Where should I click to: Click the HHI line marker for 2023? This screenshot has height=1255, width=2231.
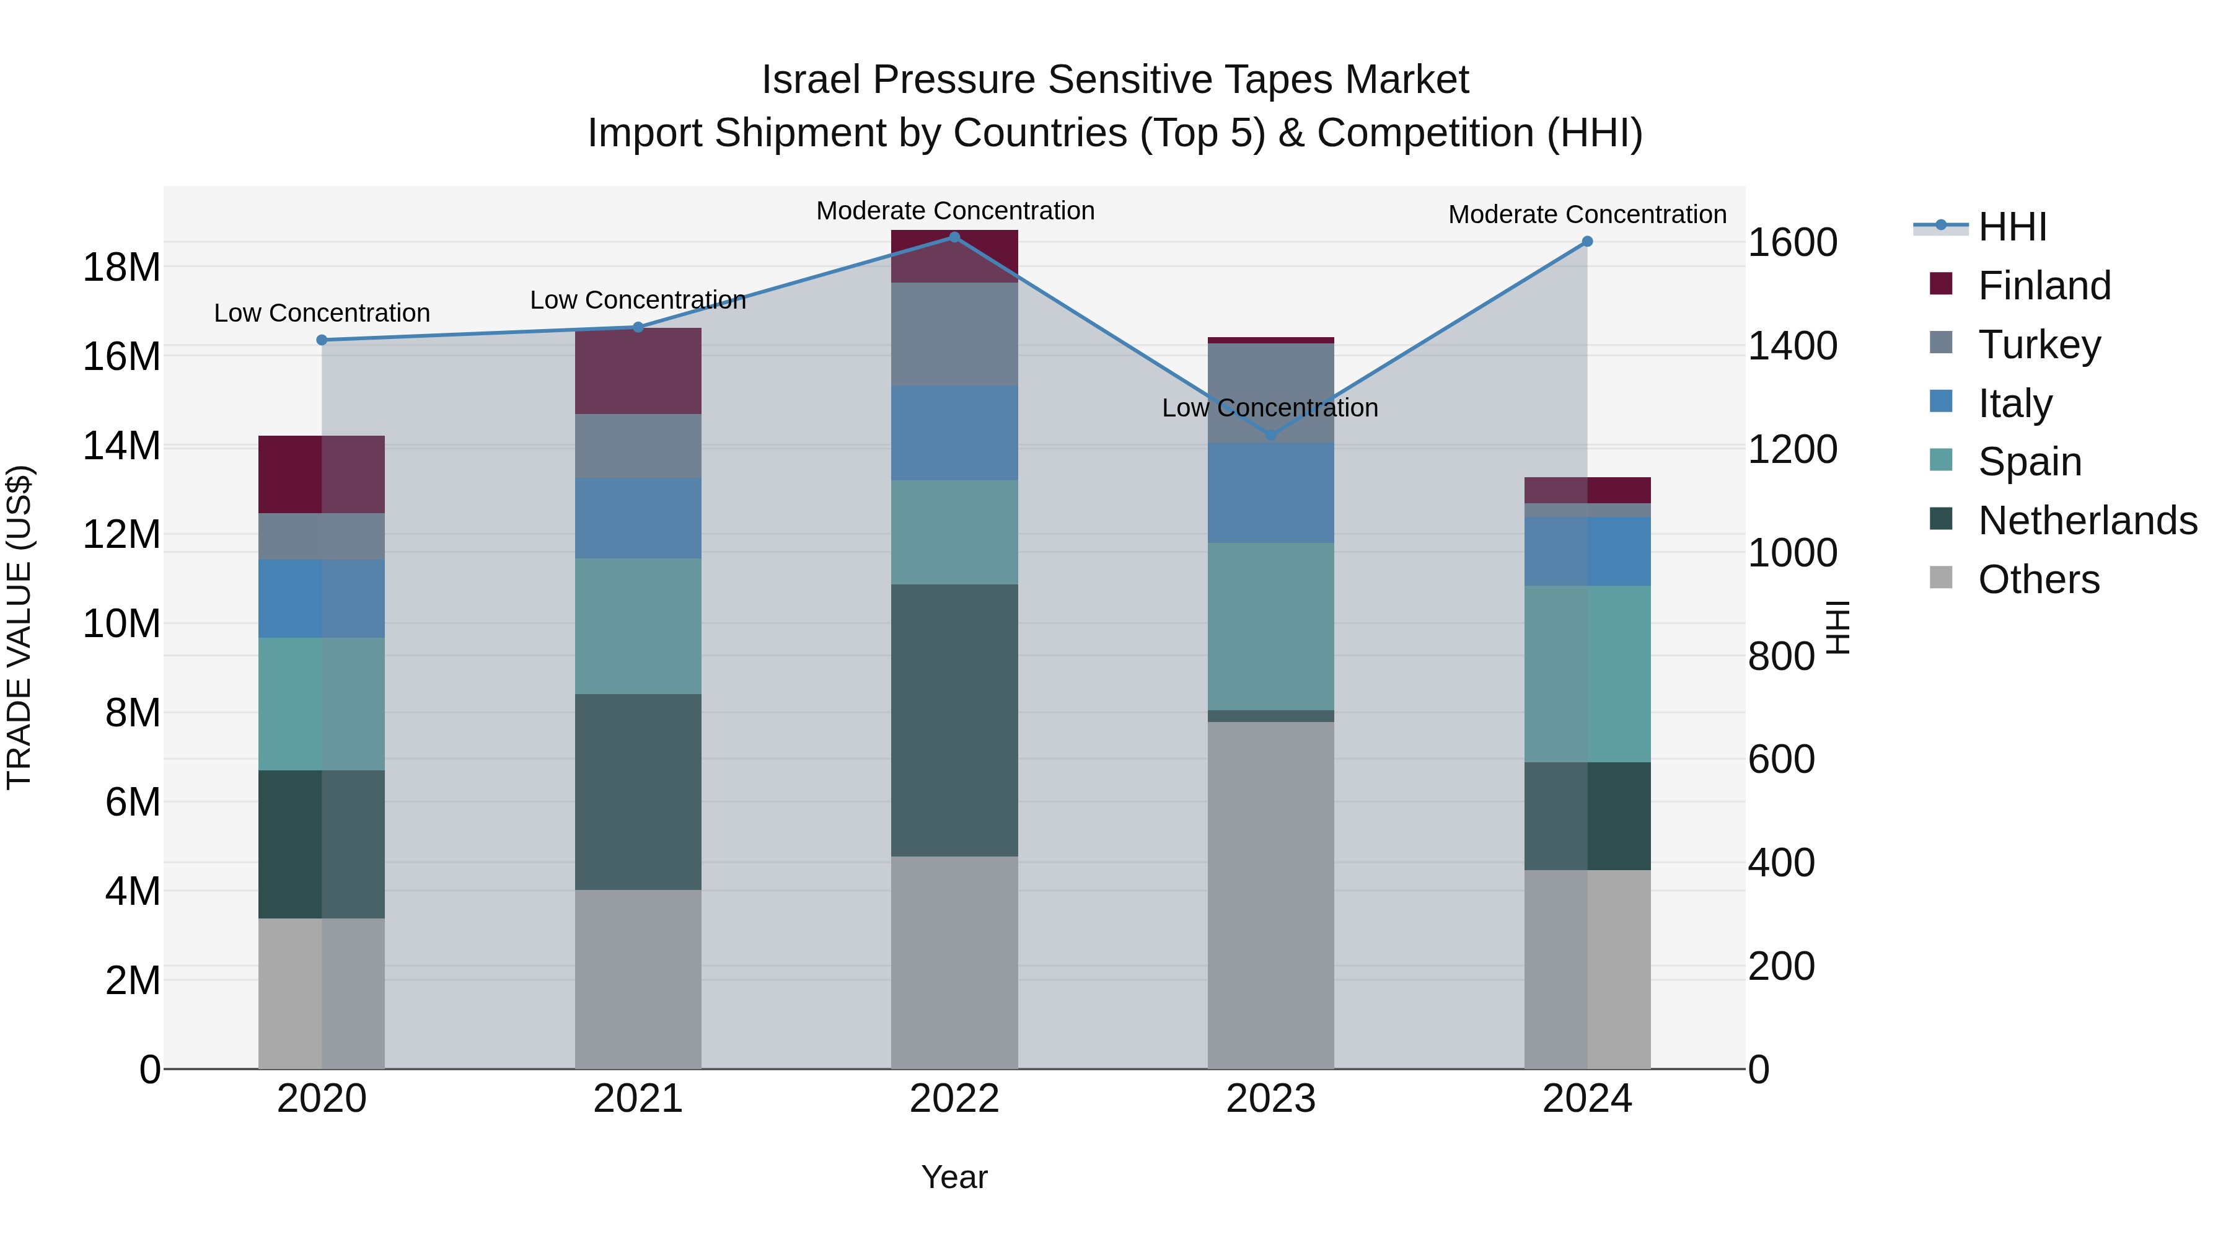pos(1270,435)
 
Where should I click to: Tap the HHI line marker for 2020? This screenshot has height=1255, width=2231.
pos(321,340)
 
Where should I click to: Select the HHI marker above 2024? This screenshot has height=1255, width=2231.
pos(1586,242)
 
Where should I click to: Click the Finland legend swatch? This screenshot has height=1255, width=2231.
pos(1941,284)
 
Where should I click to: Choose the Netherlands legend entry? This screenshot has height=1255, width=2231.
pos(2087,521)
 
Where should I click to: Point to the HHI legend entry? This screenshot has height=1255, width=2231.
pos(2012,227)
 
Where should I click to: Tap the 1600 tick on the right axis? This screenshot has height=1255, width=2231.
pos(1792,242)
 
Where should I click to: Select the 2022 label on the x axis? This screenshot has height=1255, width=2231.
pos(954,1099)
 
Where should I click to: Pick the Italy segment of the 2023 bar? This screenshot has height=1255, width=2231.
pos(1270,493)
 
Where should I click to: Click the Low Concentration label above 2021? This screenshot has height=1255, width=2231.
pos(638,301)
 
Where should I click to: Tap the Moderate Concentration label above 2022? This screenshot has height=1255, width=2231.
pos(955,211)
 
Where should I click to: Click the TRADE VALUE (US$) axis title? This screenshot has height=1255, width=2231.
pos(19,628)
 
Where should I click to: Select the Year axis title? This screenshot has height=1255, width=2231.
pos(954,1177)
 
